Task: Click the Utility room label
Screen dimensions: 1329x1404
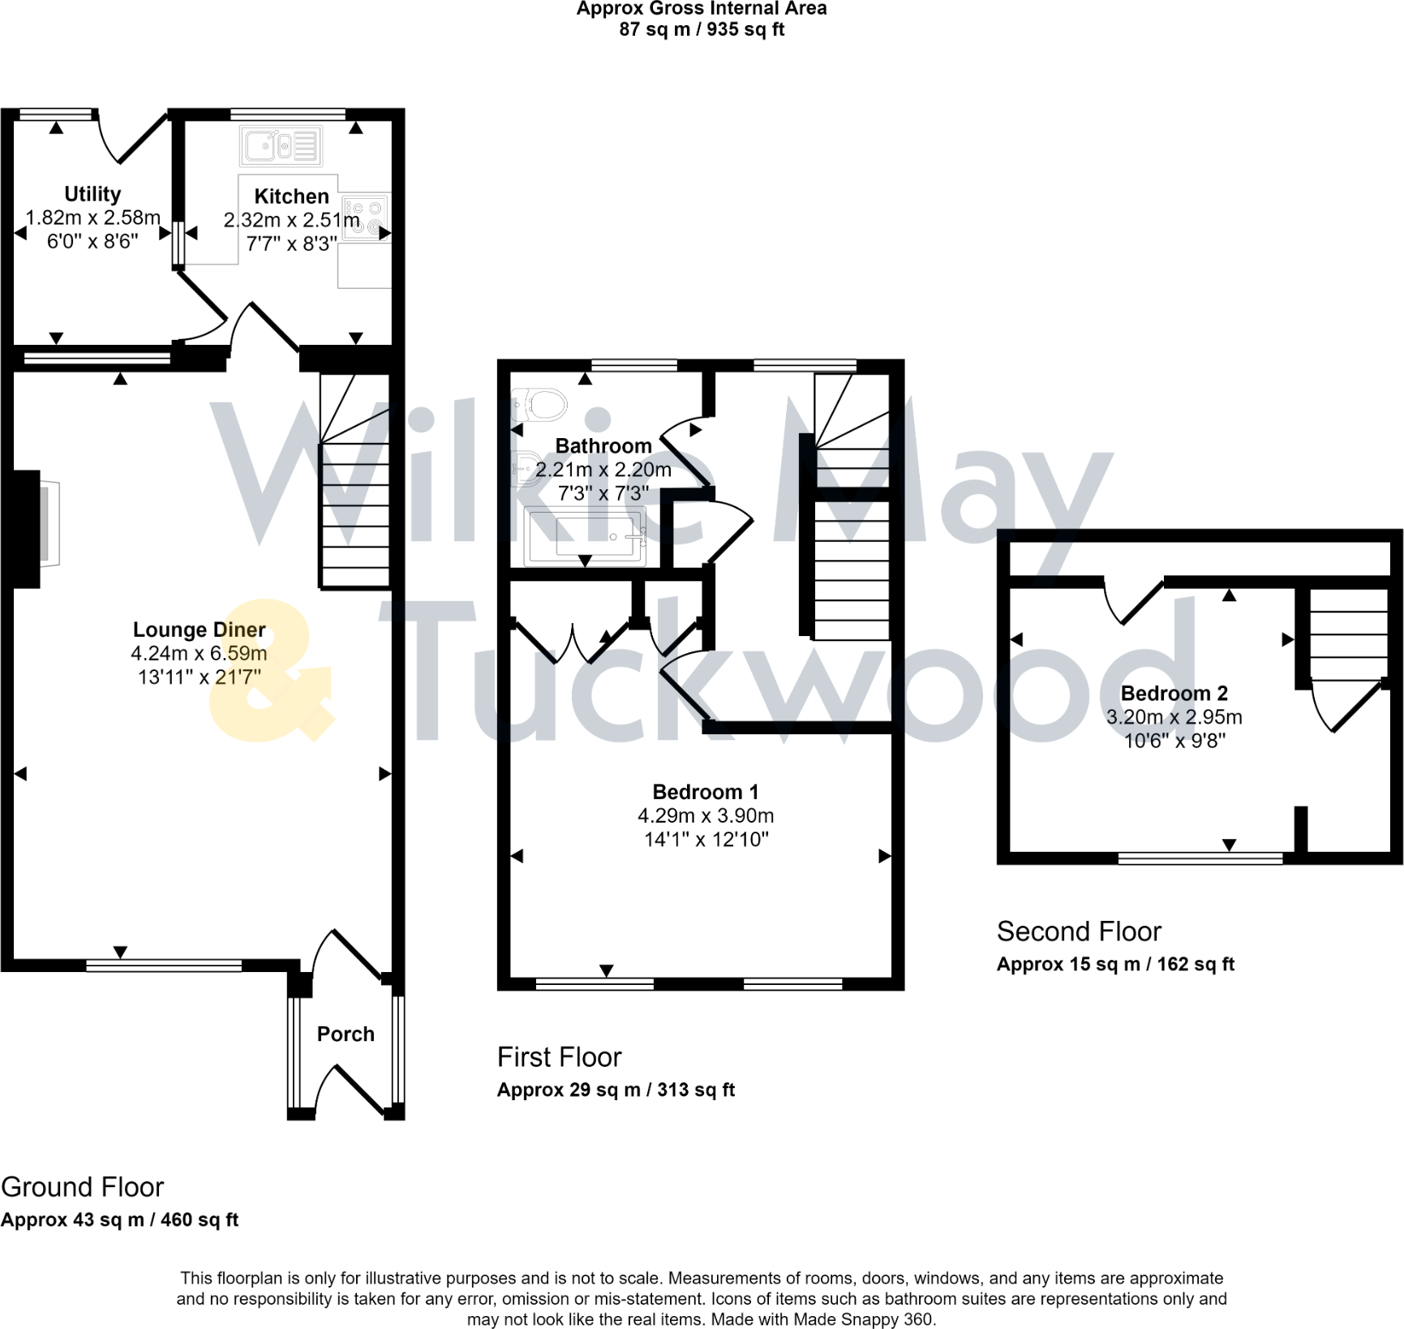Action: pyautogui.click(x=92, y=194)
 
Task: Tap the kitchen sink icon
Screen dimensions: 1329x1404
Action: pyautogui.click(x=281, y=147)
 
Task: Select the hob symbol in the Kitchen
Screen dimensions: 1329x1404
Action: pyautogui.click(x=365, y=217)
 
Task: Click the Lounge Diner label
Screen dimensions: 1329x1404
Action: pyautogui.click(x=199, y=630)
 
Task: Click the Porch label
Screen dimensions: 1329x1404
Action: pyautogui.click(x=346, y=1034)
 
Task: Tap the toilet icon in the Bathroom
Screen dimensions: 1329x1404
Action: pyautogui.click(x=539, y=404)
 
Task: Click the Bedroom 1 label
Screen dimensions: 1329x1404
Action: pyautogui.click(x=705, y=792)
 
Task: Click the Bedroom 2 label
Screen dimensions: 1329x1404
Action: pyautogui.click(x=1174, y=693)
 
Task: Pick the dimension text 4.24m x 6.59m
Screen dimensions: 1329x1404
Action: pyautogui.click(x=199, y=653)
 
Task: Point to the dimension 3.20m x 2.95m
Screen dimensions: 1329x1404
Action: pyautogui.click(x=1174, y=716)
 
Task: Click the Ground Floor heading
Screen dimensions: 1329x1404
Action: pyautogui.click(x=83, y=1187)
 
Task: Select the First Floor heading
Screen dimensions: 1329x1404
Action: pyautogui.click(x=559, y=1057)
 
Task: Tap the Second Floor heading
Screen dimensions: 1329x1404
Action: pyautogui.click(x=1079, y=931)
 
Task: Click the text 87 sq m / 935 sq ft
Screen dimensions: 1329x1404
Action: pyautogui.click(x=702, y=29)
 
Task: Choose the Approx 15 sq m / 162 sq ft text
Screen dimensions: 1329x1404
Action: pyautogui.click(x=1115, y=964)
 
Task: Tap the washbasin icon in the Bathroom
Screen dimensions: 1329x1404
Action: pyautogui.click(x=527, y=468)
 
